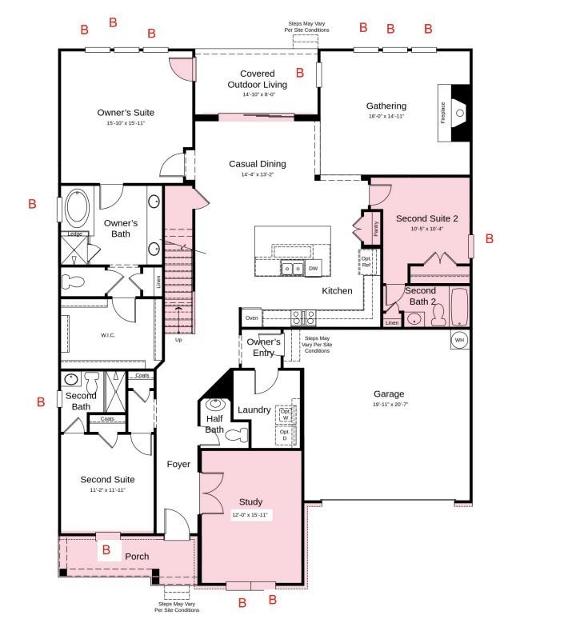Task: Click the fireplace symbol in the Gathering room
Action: click(457, 113)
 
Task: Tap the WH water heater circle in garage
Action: click(459, 339)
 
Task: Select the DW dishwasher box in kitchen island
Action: click(314, 269)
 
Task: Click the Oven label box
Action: click(252, 318)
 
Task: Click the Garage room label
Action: click(389, 393)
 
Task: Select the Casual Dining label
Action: click(257, 164)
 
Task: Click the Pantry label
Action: click(374, 228)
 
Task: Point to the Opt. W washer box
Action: click(284, 415)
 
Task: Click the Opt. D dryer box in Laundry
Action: click(284, 436)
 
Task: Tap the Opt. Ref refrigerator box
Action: click(366, 262)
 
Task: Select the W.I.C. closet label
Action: click(107, 335)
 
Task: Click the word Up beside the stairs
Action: click(179, 340)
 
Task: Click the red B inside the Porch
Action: click(106, 550)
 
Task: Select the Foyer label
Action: click(178, 464)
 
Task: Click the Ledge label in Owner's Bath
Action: click(74, 234)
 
